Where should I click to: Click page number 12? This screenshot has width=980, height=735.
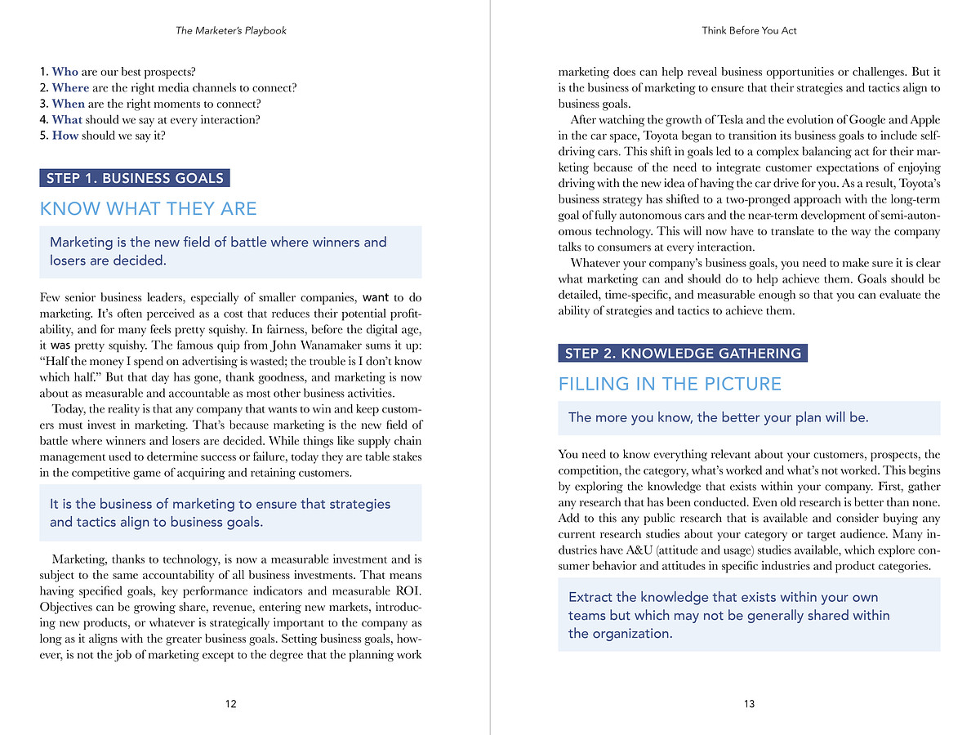tap(231, 704)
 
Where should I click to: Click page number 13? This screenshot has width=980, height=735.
tap(750, 704)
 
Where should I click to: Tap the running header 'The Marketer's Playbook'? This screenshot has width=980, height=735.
tap(231, 31)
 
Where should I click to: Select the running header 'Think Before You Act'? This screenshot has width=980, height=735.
tap(749, 31)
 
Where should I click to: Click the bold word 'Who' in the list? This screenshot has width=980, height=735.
tap(65, 72)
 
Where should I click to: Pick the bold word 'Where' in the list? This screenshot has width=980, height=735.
tap(70, 87)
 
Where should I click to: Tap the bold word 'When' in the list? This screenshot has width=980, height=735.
tap(68, 104)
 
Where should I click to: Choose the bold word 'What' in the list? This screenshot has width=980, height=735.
tap(67, 119)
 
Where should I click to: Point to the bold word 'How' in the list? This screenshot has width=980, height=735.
tap(65, 136)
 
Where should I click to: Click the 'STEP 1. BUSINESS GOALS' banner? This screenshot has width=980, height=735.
tap(135, 178)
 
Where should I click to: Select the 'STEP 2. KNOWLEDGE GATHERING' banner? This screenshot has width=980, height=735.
tap(683, 354)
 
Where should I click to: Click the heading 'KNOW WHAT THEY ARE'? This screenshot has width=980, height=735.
tap(149, 209)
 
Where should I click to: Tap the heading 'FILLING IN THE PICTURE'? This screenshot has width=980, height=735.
tap(670, 384)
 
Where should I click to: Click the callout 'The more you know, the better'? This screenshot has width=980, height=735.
tap(718, 417)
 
